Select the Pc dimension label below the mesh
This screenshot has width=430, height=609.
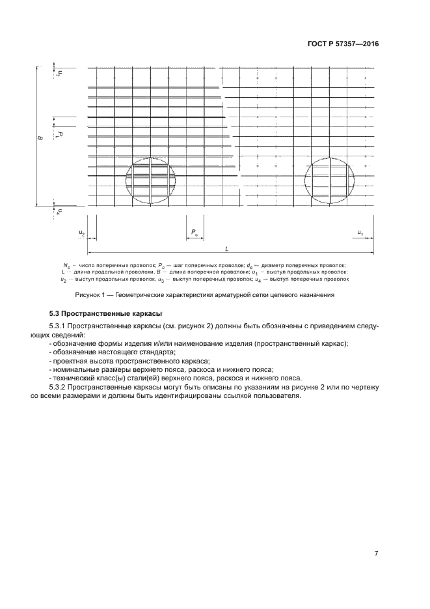pyautogui.click(x=195, y=232)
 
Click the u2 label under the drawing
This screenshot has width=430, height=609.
pyautogui.click(x=82, y=233)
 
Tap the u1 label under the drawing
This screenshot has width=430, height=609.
pyautogui.click(x=360, y=233)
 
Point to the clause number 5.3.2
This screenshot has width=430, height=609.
pyautogui.click(x=59, y=387)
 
